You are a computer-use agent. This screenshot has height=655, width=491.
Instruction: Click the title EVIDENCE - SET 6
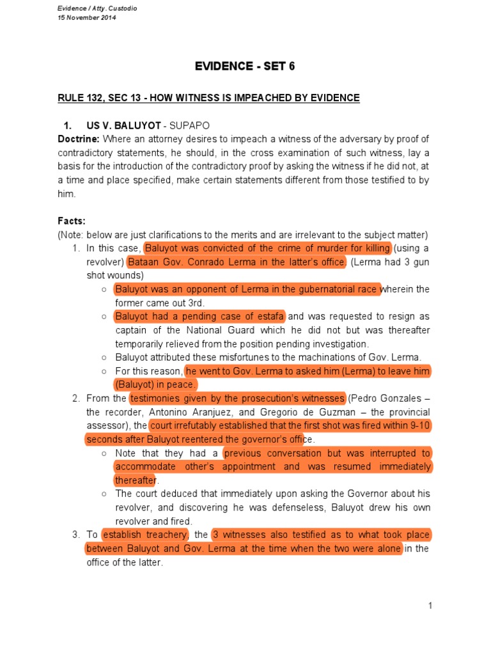(245, 67)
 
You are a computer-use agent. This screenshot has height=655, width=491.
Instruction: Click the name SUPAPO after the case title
(190, 125)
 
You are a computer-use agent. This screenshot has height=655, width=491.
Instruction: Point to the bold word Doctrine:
(79, 139)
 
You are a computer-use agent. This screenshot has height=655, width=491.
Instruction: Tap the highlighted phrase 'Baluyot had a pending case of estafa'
(200, 316)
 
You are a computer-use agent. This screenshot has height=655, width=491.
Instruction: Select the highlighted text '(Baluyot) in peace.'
(156, 384)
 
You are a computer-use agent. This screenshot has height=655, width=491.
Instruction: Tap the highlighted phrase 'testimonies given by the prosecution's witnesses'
(237, 398)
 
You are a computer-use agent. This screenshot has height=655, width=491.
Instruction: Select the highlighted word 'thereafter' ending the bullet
(136, 480)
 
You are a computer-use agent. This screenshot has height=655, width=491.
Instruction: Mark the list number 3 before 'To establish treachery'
(75, 535)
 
